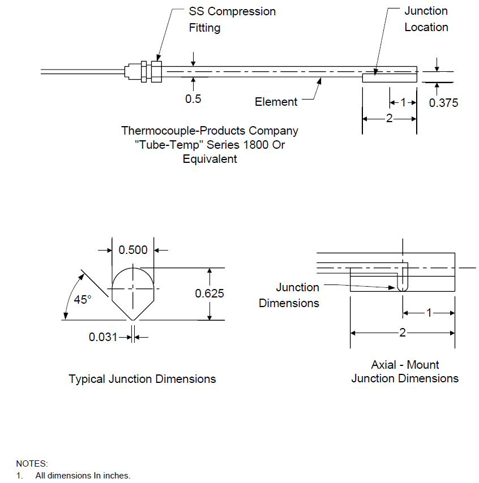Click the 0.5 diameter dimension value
coord(193,99)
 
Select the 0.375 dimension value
coord(443,103)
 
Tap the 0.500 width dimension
coord(133,250)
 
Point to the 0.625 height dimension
coord(209,293)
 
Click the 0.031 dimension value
coord(103,337)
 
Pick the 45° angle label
coord(83,299)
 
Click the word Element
coord(276,102)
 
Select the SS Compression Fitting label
coord(232,19)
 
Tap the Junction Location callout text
coord(426,19)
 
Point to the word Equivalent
coord(209,159)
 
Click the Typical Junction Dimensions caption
coord(142,379)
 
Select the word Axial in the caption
coord(383,365)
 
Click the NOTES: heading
coord(32,464)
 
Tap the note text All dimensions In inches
coord(83,475)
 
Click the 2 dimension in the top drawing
coord(389,118)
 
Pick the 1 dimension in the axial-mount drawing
coord(429,313)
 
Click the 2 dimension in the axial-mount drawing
coord(402,333)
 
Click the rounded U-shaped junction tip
coord(403,288)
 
